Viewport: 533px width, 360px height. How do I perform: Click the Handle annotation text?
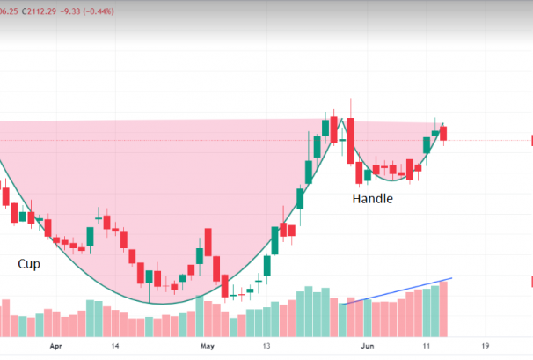(x=373, y=199)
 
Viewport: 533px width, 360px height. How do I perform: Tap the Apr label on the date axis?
(x=58, y=347)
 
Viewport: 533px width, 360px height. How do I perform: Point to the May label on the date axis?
(x=207, y=347)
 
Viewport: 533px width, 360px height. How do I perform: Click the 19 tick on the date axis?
(x=485, y=347)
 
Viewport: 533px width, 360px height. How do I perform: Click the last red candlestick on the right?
(x=444, y=133)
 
